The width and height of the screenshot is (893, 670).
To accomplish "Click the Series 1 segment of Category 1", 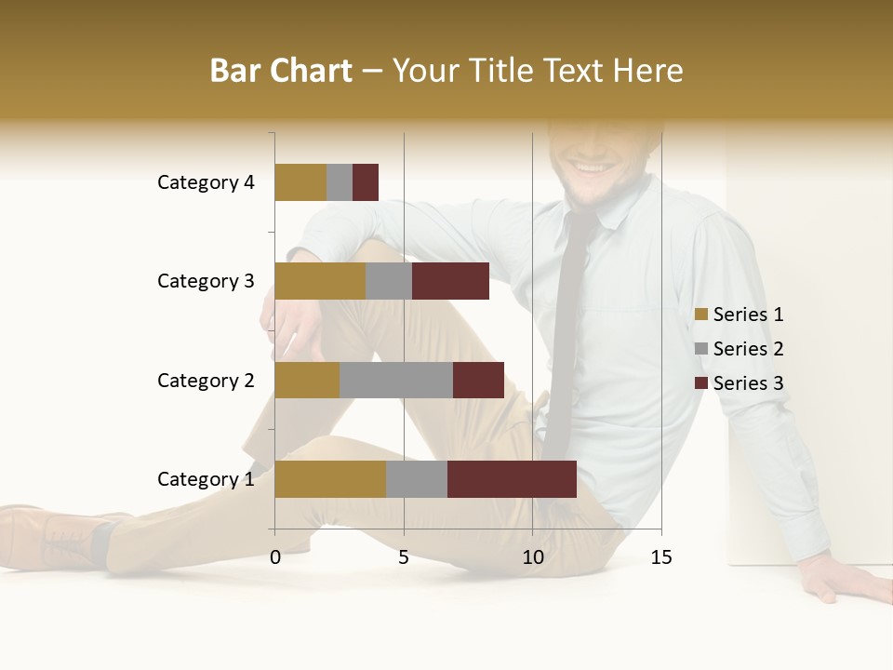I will click(330, 479).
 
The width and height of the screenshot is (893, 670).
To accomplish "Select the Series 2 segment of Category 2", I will click(396, 380).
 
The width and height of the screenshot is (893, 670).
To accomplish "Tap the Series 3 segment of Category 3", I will click(450, 281).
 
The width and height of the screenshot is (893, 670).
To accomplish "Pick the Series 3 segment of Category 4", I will click(366, 182).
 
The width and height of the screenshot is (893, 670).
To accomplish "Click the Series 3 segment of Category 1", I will click(512, 479).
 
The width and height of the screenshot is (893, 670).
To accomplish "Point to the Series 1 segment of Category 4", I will click(300, 182).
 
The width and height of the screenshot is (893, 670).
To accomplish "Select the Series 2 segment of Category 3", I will click(389, 281).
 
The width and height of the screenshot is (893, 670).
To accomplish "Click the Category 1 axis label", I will click(205, 479).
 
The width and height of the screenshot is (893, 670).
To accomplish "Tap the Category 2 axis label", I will click(205, 380).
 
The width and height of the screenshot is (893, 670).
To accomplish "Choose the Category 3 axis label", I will click(205, 281).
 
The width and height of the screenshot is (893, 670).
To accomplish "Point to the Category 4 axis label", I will click(205, 182).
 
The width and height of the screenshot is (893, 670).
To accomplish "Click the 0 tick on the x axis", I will click(275, 557).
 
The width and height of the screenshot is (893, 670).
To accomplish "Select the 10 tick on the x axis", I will click(532, 557).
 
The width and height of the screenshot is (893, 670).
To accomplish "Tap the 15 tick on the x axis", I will click(660, 557).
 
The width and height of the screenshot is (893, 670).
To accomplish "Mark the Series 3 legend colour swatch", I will click(701, 383).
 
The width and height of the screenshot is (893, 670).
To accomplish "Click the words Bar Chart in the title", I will click(281, 71).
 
